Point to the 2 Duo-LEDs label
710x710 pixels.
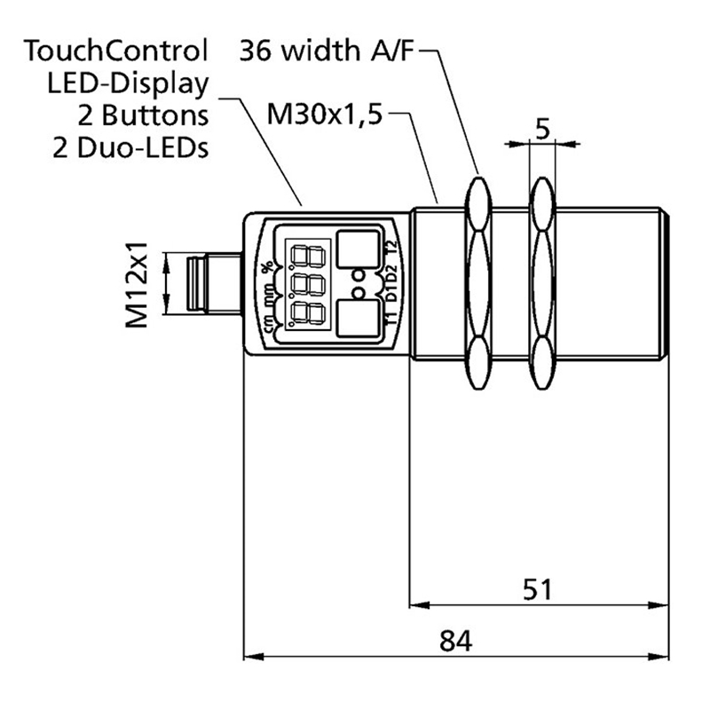pyautogui.click(x=130, y=146)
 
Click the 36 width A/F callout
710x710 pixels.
pyautogui.click(x=327, y=51)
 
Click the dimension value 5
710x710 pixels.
pyautogui.click(x=542, y=130)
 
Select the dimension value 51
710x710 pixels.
pyautogui.click(x=537, y=589)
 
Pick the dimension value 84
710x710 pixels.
pyautogui.click(x=455, y=640)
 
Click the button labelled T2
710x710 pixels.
pyautogui.click(x=358, y=249)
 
